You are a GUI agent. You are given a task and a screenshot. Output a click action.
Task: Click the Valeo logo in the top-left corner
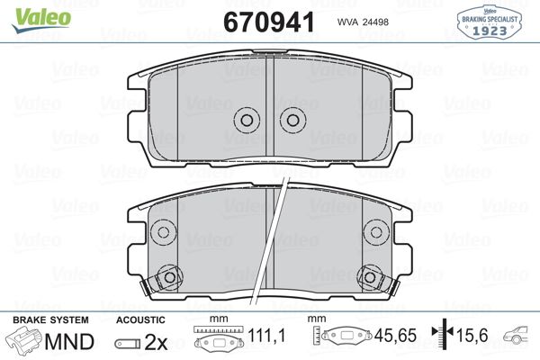[x=30, y=12]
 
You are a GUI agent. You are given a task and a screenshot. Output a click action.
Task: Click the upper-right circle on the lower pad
[x=378, y=232]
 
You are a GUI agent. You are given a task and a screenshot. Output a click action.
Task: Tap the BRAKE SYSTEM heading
[x=49, y=319]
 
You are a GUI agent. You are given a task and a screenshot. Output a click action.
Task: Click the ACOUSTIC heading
[x=141, y=319]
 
